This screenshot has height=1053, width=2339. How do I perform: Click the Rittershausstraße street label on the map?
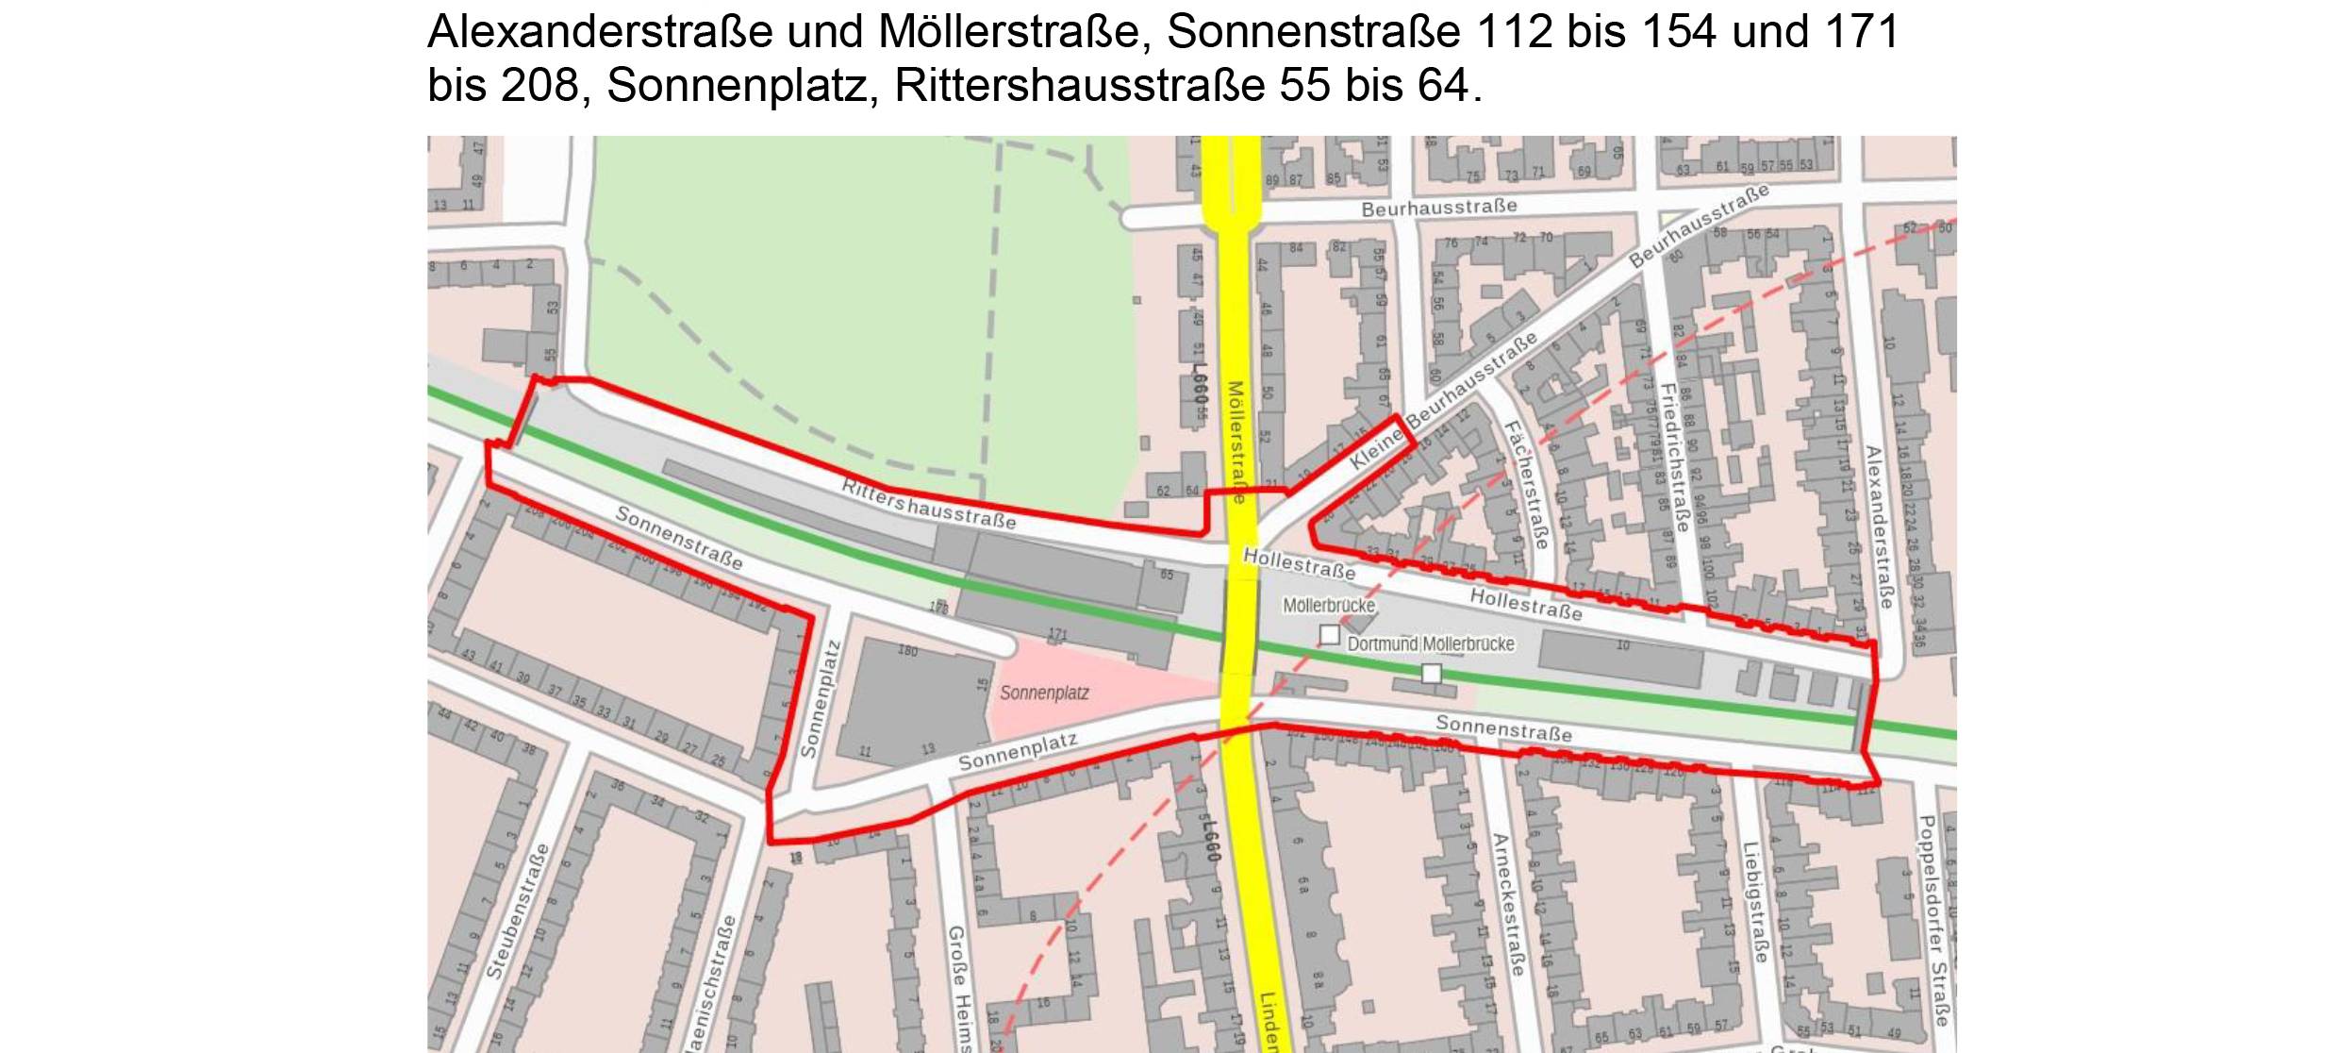coord(929,505)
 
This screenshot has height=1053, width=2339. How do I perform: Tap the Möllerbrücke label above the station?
coord(1329,606)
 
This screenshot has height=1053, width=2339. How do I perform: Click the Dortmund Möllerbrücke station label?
coord(1431,644)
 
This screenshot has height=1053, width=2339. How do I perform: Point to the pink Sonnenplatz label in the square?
coord(1044,694)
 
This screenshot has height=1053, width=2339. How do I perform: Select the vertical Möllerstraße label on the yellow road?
coord(1235,442)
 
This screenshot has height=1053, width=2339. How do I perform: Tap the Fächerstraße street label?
coord(1525,485)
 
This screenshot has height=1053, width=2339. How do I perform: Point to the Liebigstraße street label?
coord(1754,902)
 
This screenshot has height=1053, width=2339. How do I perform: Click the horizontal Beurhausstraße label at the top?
coord(1439,207)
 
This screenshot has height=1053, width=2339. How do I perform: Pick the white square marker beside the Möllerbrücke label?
coord(1329,635)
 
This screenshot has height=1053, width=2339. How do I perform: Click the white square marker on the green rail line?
coord(1432,673)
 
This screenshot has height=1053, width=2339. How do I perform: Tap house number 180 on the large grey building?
coord(907,651)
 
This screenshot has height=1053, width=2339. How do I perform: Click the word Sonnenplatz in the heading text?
coord(737,86)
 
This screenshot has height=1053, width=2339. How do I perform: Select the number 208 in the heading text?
coord(539,86)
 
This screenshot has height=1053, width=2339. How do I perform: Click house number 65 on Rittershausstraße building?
coord(1167,575)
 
